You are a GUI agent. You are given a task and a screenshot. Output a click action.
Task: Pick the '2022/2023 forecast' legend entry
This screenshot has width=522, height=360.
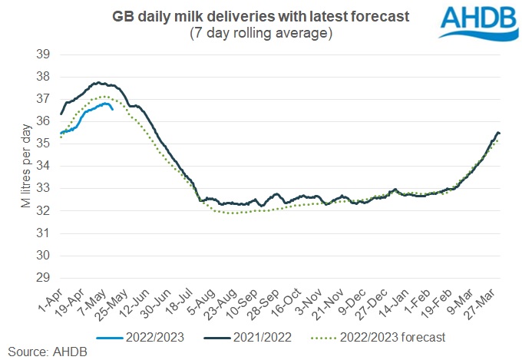coord(376,336)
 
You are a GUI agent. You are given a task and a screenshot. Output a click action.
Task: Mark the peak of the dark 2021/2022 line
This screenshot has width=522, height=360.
coord(98,82)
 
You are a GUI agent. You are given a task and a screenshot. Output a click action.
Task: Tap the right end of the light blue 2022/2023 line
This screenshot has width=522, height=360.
coord(113,109)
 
